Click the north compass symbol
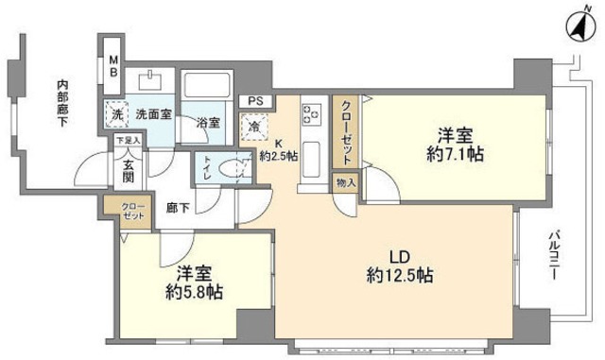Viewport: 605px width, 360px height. click(x=575, y=27)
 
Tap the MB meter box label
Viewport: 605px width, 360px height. click(x=112, y=65)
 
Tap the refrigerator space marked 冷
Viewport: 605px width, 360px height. click(x=253, y=124)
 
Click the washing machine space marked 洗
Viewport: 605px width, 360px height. click(x=116, y=111)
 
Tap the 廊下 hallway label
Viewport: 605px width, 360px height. click(x=178, y=206)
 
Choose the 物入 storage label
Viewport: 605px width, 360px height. click(x=345, y=184)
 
